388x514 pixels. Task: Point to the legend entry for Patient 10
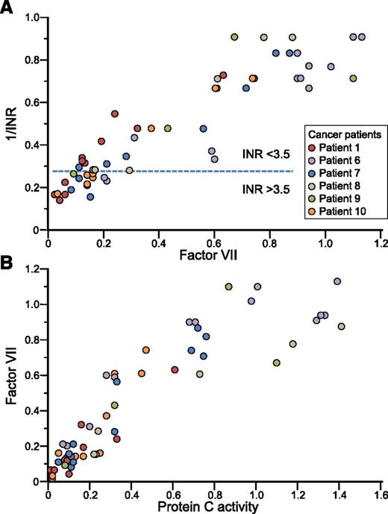click(x=340, y=212)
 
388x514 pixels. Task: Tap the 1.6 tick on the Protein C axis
click(x=379, y=493)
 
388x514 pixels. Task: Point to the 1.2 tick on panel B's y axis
click(x=33, y=269)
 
